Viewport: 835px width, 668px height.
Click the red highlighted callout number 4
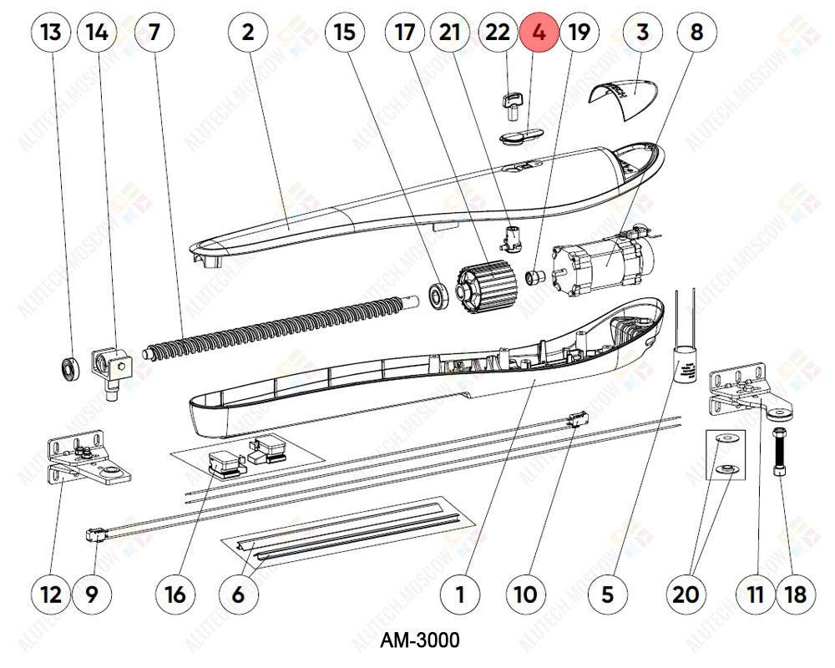(x=539, y=33)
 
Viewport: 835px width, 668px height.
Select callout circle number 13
(x=51, y=33)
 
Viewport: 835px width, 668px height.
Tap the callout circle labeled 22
(x=498, y=33)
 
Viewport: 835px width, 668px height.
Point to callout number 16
(x=176, y=594)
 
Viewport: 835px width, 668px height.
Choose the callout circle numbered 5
(x=607, y=594)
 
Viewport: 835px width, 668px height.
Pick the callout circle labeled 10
(x=526, y=594)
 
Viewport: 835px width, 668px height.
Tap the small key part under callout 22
(x=510, y=104)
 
